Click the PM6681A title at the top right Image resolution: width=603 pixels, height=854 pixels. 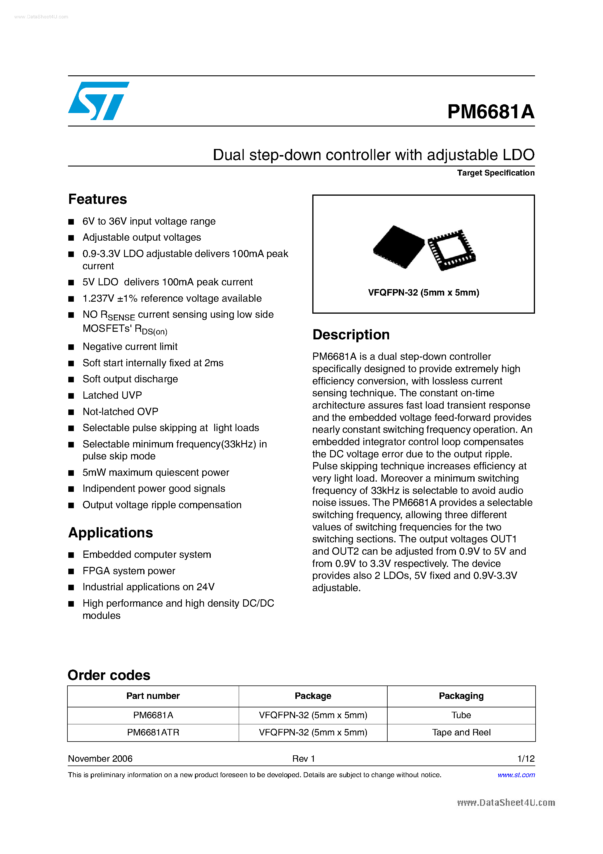tap(490, 112)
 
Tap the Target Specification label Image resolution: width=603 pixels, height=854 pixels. tap(495, 173)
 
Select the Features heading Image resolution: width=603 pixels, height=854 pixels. tap(97, 199)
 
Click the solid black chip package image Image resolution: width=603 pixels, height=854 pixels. tap(398, 246)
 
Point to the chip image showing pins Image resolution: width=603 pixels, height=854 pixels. tap(451, 250)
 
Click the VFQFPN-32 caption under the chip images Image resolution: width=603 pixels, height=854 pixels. tap(423, 293)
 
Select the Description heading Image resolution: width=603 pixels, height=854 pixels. tap(351, 335)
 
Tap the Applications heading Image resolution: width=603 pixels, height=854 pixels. tap(110, 533)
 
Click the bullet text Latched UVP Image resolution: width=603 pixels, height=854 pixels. tap(112, 395)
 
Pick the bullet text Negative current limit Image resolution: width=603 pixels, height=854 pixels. tap(130, 347)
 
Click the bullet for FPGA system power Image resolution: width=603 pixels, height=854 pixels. tap(129, 571)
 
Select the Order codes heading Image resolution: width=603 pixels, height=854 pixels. tap(109, 675)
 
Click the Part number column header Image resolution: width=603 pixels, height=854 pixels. tap(153, 696)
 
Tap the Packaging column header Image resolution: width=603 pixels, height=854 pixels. tap(461, 696)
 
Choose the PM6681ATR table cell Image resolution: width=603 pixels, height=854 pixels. tap(153, 733)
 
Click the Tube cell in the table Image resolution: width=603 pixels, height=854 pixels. tap(461, 715)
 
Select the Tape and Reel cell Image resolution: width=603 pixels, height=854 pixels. tap(461, 733)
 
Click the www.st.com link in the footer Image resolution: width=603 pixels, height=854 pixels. tap(516, 775)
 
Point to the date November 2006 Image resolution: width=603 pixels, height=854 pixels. tap(100, 758)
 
